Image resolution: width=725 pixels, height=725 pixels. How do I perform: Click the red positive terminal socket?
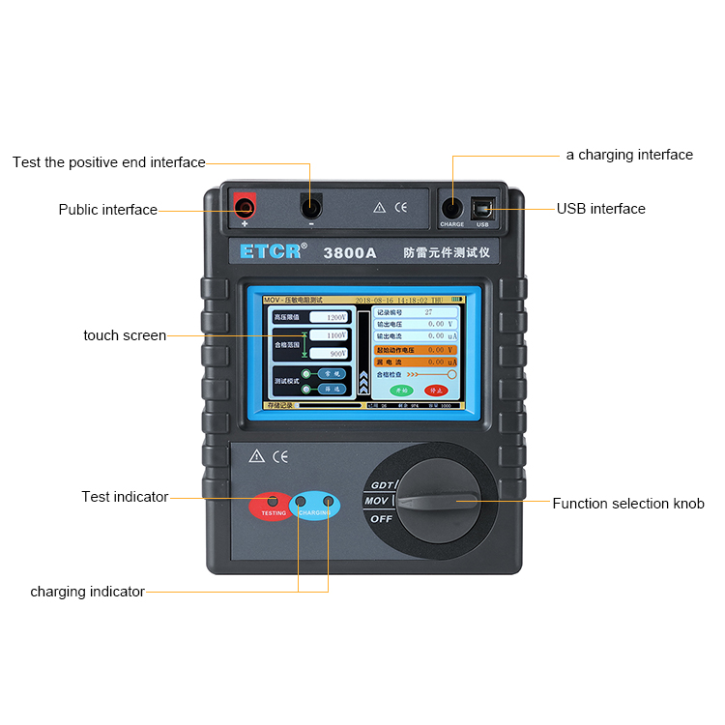[x=245, y=205]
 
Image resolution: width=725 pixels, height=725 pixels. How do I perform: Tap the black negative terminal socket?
[x=310, y=206]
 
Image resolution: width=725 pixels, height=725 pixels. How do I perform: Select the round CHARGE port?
[x=451, y=207]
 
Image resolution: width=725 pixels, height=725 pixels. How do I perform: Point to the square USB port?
[x=482, y=207]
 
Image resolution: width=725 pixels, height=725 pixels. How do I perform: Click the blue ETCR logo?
[x=274, y=251]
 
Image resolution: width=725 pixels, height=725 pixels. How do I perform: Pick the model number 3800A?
[x=350, y=252]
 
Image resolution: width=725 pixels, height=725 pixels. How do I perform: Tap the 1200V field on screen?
[x=328, y=316]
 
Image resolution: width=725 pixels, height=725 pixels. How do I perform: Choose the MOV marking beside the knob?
[x=376, y=501]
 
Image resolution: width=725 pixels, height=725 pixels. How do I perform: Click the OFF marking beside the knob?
[x=382, y=519]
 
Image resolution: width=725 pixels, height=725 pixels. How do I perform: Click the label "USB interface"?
[x=600, y=209]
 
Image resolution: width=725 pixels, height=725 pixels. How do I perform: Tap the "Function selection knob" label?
[x=628, y=504]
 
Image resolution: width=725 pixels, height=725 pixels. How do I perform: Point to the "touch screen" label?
[x=125, y=335]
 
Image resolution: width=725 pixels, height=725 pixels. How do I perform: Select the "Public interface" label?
[x=107, y=210]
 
